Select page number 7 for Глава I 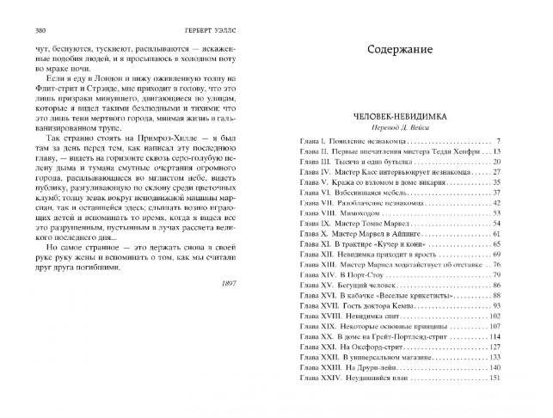(520, 140)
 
